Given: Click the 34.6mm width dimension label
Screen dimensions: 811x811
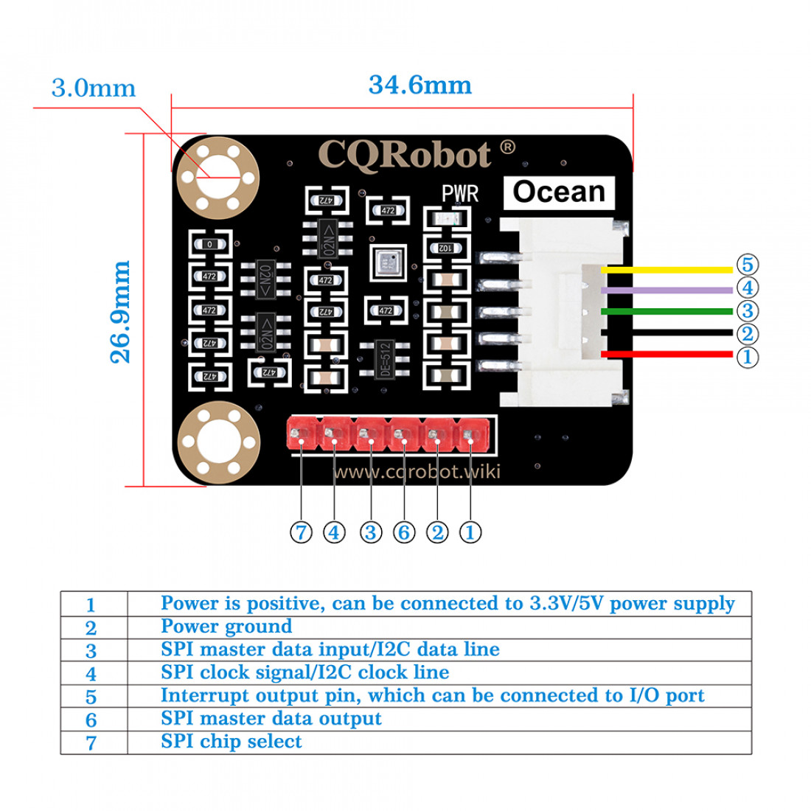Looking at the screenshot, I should click(420, 85).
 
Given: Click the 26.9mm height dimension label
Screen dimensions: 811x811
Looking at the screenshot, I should click(120, 311).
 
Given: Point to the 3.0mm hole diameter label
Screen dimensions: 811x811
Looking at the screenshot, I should click(94, 88).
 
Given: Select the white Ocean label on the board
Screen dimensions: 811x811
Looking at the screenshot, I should click(559, 192).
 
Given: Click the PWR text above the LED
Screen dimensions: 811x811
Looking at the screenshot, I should click(460, 194).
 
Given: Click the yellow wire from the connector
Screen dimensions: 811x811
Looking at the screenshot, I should click(667, 270).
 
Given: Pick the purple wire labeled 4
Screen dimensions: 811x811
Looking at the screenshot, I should click(667, 290).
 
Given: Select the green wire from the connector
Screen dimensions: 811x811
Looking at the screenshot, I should click(667, 311).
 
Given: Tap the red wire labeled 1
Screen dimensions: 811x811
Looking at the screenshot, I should click(667, 355).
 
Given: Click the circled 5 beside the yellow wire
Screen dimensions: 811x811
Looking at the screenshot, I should click(747, 265).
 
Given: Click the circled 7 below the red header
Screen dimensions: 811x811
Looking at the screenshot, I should click(301, 532).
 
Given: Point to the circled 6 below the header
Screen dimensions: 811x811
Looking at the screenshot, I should click(404, 532).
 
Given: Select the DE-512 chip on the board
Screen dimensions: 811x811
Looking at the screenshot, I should click(383, 359).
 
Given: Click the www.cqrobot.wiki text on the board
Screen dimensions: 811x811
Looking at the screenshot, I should click(417, 471).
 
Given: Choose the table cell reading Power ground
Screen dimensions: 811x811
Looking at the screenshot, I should click(226, 627).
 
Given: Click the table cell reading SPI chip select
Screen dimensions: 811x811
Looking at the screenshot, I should click(231, 742).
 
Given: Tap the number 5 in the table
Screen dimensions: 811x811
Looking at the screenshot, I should click(91, 697).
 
